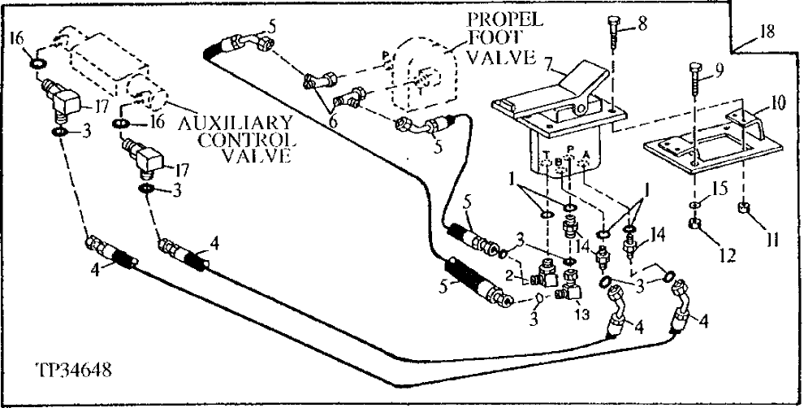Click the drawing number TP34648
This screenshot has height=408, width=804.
(73, 371)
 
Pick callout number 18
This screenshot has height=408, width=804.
(767, 32)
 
